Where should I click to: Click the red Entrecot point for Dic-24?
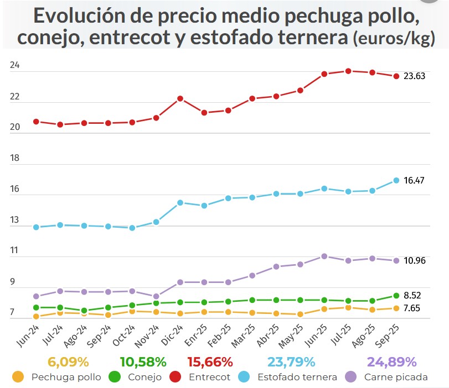[180, 98]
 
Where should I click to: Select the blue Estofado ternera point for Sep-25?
[396, 180]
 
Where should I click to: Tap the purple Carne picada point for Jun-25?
[324, 256]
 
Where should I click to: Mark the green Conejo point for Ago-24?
[84, 311]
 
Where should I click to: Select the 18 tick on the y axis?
[15, 158]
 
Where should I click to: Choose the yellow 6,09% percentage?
[68, 363]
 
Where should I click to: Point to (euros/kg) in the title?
[394, 40]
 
